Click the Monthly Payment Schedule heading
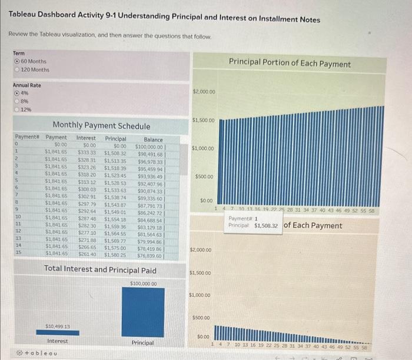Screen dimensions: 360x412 [101, 126]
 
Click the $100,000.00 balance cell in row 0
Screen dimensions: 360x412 [149, 145]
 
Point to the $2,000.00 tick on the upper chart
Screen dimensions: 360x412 [204, 92]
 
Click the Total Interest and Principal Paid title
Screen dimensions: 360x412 [100, 270]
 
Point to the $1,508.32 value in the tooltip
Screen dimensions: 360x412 [266, 225]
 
